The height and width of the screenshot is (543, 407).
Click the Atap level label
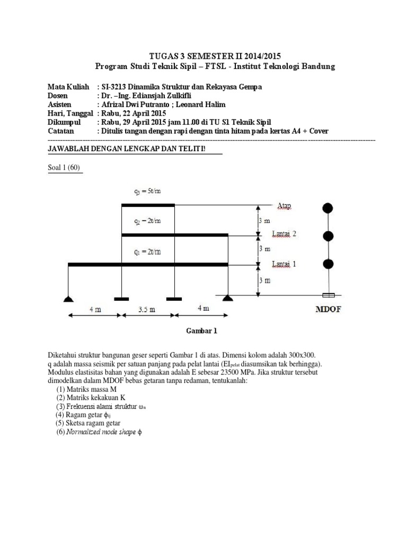(284, 205)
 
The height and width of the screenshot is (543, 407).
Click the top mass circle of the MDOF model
(329, 207)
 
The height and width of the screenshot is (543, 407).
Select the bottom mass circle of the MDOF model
(329, 264)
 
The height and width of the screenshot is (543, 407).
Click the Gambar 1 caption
(201, 331)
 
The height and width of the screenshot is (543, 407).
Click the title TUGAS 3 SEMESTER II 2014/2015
(214, 56)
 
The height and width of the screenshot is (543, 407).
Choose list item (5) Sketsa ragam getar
(88, 423)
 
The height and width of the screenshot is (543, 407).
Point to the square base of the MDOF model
(329, 295)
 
